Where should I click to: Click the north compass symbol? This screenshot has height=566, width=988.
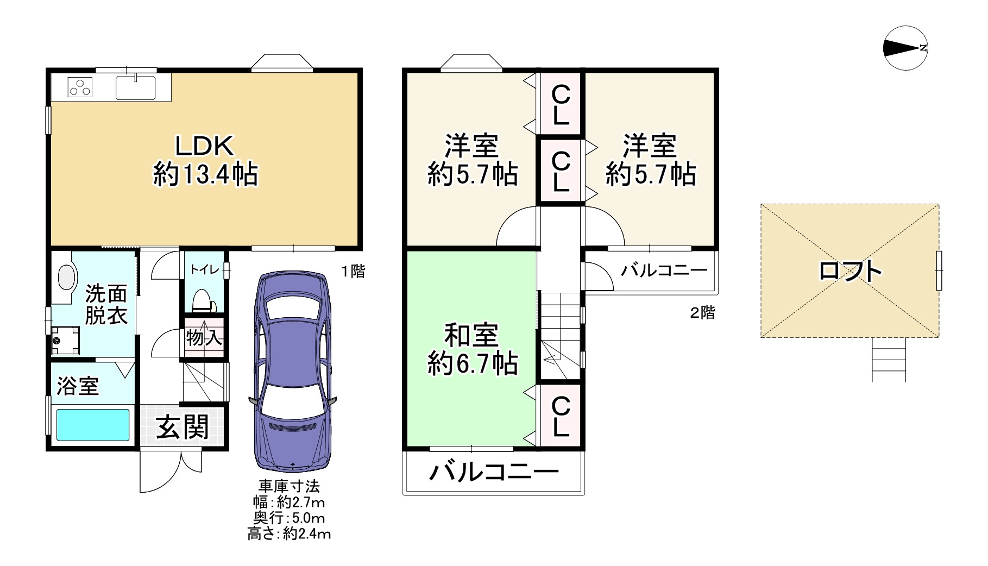click(905, 48)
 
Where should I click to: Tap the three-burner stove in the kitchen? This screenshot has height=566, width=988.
click(80, 87)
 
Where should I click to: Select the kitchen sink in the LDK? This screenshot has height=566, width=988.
click(136, 87)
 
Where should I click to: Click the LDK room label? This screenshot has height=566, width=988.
click(204, 146)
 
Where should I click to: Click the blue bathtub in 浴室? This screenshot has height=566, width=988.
click(93, 425)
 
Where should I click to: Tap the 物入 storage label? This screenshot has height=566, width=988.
click(204, 338)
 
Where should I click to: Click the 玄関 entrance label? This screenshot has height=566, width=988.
click(183, 427)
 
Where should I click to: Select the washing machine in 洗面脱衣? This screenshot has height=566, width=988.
click(65, 340)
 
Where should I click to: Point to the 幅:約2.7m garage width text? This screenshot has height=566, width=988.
click(289, 502)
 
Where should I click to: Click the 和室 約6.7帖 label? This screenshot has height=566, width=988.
click(471, 349)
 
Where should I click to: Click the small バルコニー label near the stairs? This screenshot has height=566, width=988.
click(665, 270)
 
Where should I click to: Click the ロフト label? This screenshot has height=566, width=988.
click(850, 271)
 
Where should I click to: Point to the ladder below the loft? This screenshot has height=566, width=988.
click(889, 360)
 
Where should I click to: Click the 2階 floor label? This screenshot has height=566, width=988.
click(702, 313)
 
